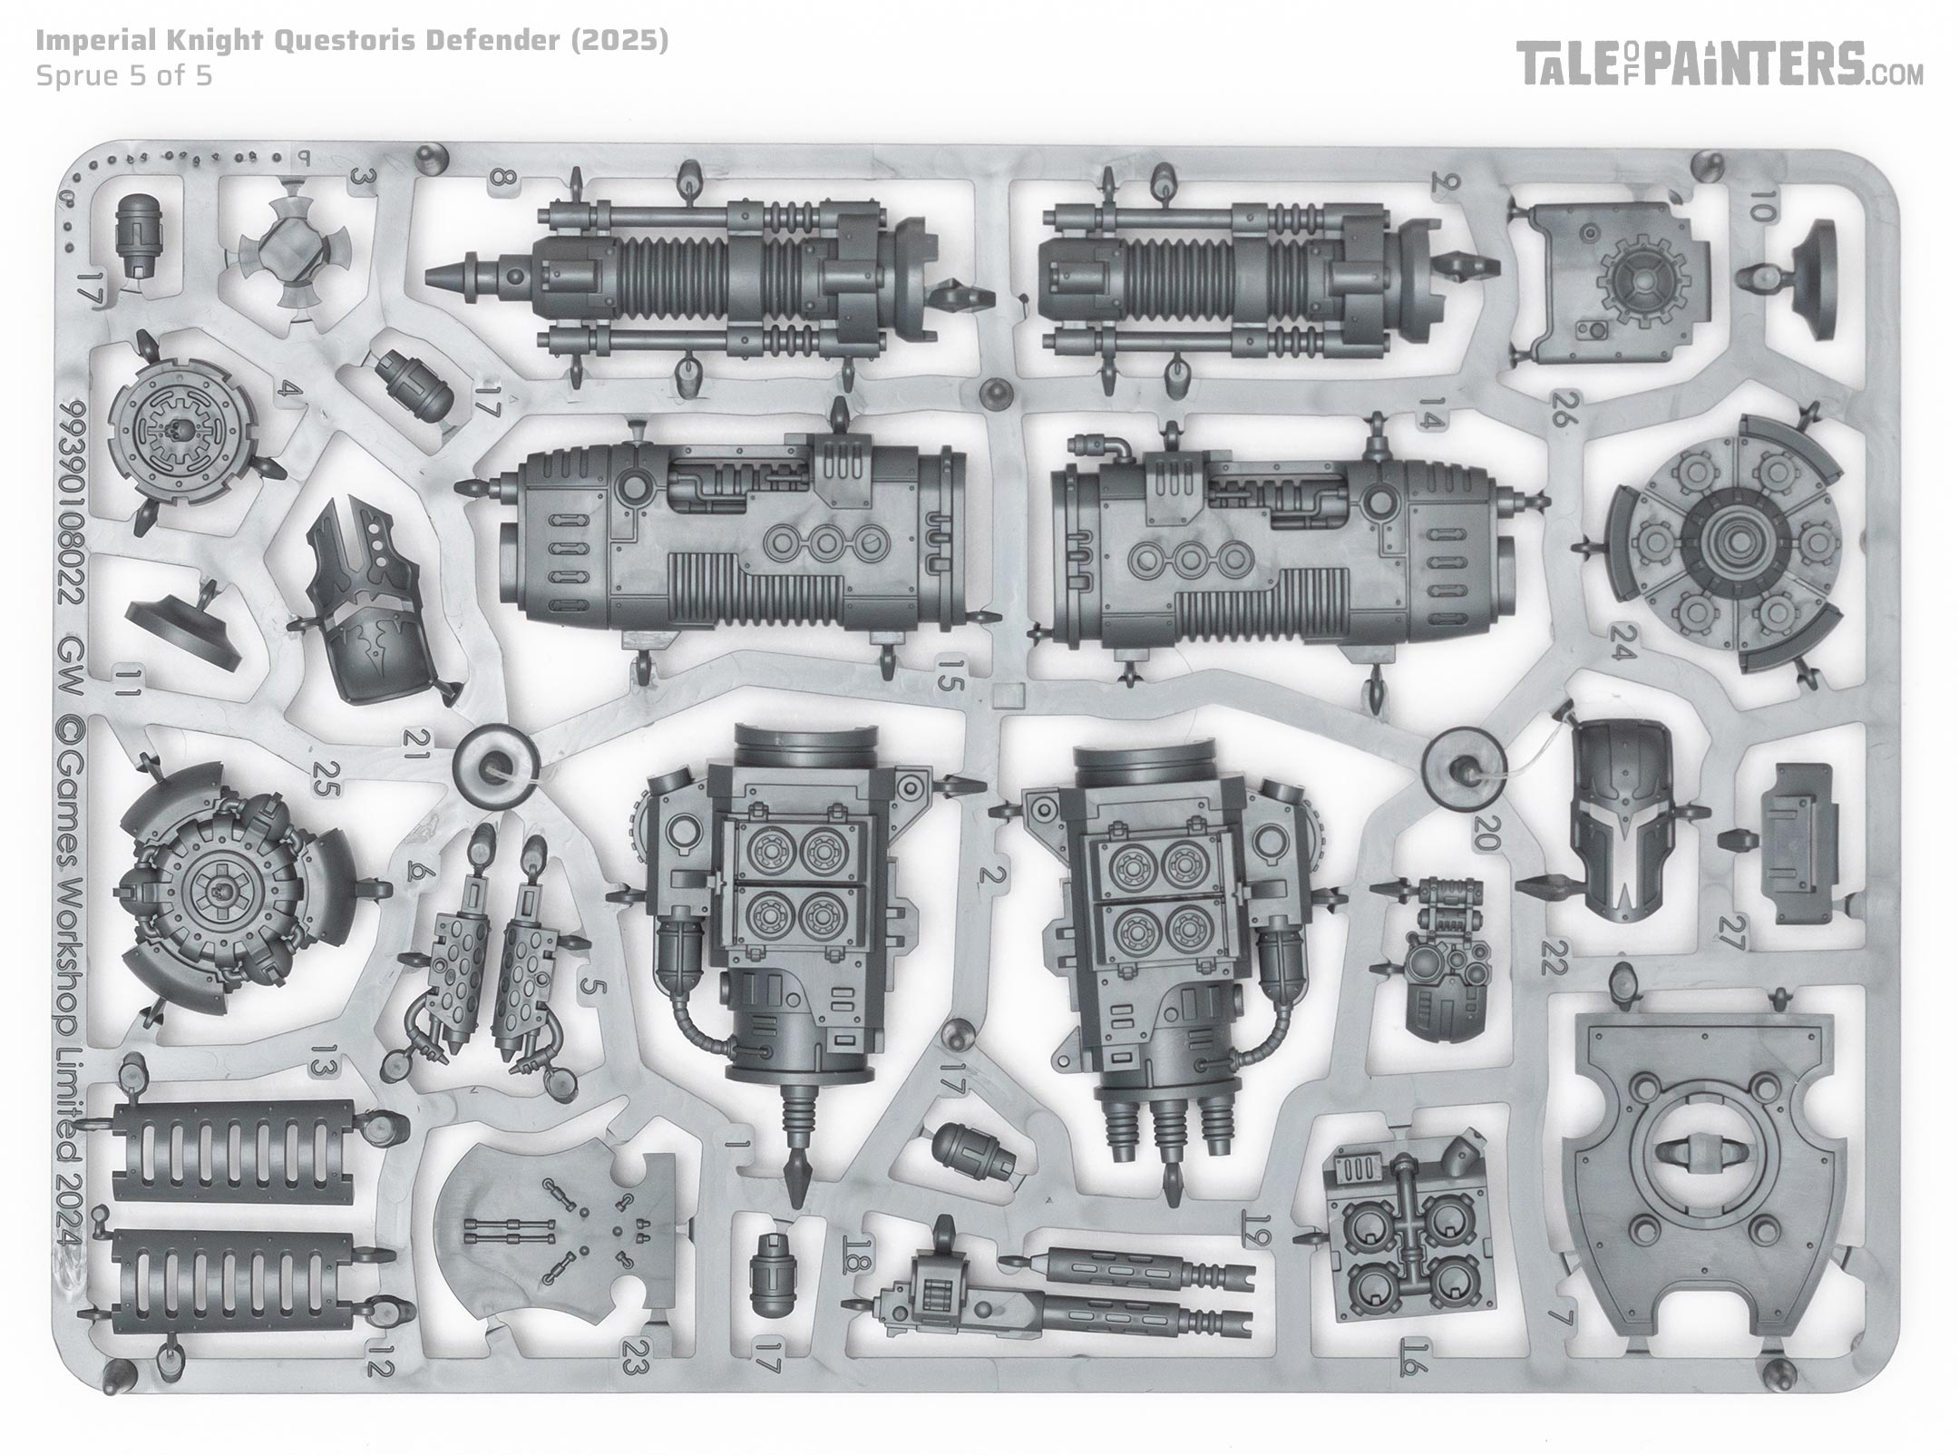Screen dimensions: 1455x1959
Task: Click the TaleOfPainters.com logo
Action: pyautogui.click(x=1720, y=64)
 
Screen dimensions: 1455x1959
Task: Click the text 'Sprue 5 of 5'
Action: pyautogui.click(x=124, y=75)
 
